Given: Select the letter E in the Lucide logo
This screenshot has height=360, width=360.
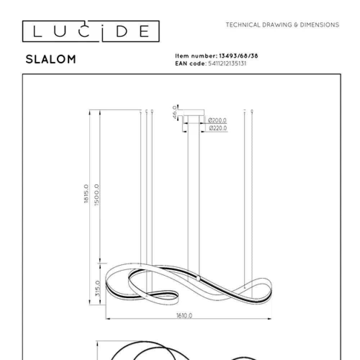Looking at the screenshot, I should click(x=144, y=32).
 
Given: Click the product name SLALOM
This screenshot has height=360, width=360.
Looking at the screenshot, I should click(x=51, y=59).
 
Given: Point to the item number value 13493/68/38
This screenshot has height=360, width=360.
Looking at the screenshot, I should click(x=238, y=56).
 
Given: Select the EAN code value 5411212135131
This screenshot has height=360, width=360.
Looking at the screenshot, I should click(x=227, y=64).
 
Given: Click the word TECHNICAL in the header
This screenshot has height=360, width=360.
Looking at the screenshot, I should click(x=243, y=25).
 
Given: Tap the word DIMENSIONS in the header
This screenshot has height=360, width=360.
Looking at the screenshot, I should click(x=320, y=25).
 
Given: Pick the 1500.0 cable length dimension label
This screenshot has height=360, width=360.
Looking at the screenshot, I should click(x=96, y=194).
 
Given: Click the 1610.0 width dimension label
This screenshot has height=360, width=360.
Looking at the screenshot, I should click(x=184, y=316).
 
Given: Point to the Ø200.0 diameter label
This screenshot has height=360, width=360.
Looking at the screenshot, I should click(x=218, y=121).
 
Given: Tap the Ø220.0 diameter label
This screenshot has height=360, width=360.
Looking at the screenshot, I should click(x=218, y=128).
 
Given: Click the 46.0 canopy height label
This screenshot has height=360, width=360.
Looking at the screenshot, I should click(x=175, y=112).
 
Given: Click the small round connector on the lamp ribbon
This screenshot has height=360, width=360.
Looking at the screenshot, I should click(x=198, y=278).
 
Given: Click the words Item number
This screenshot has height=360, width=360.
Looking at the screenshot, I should click(x=196, y=56).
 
